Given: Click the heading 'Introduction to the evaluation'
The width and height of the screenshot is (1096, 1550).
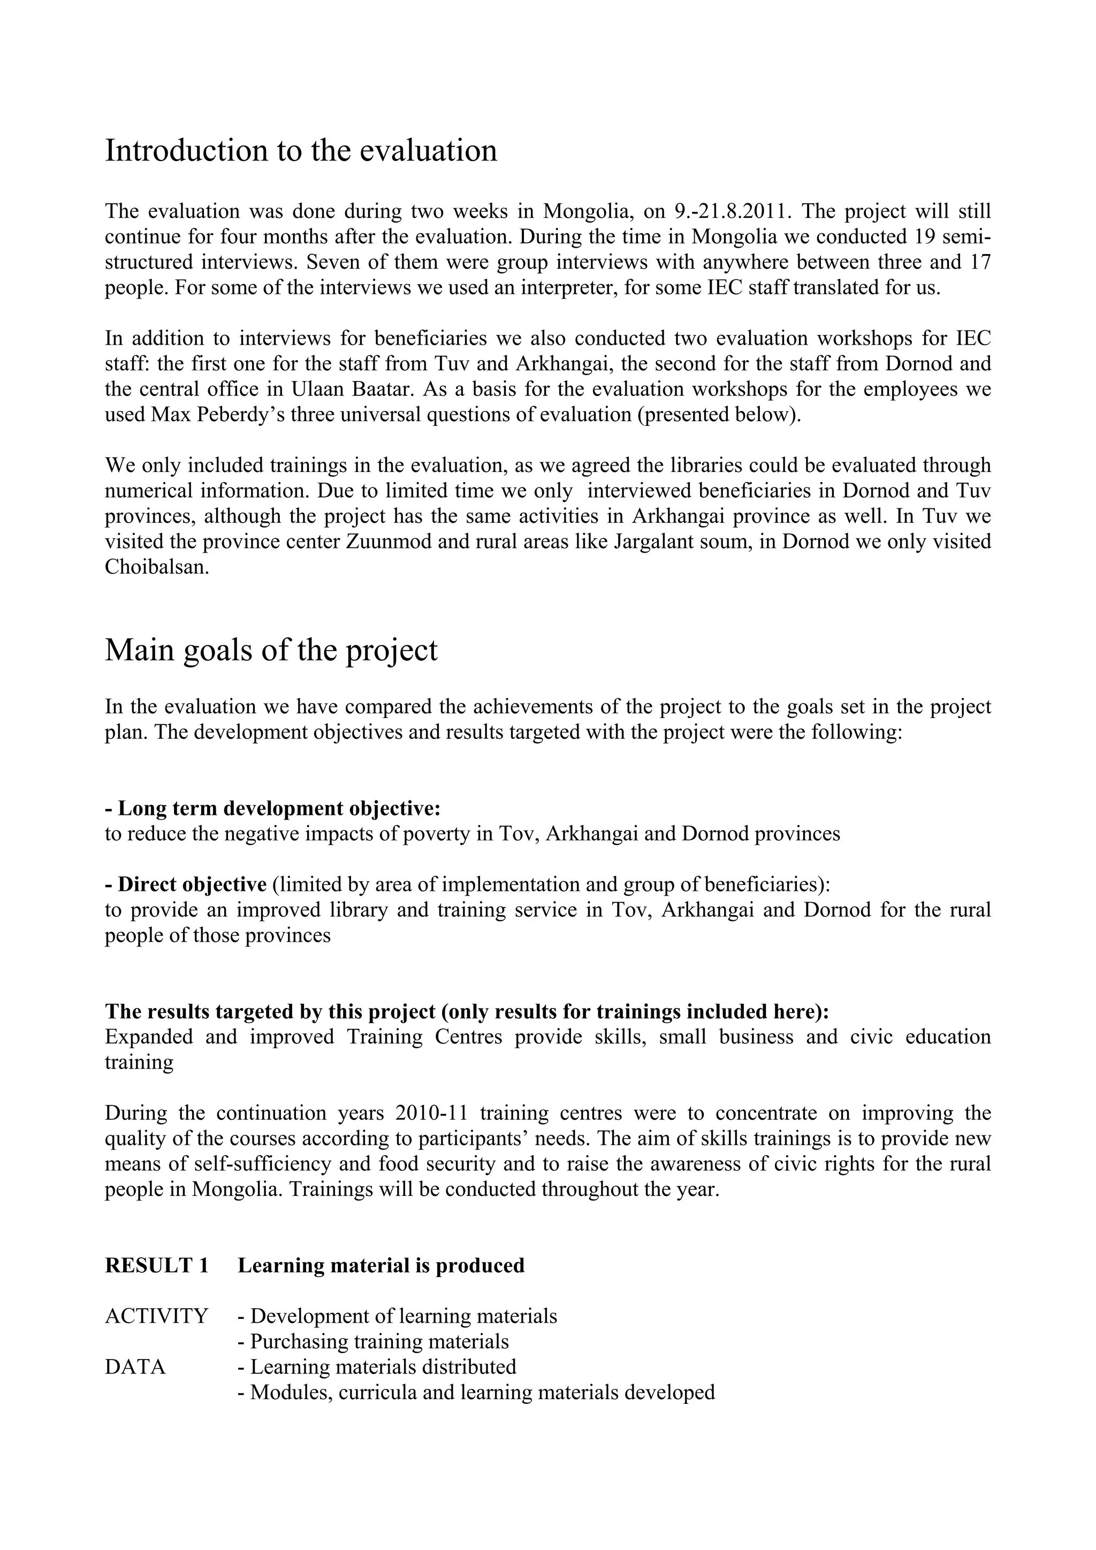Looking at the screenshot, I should coord(301,150).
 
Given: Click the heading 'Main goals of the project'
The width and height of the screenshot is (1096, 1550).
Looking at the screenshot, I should coord(271,650).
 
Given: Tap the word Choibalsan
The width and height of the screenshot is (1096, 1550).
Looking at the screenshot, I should coord(156,567).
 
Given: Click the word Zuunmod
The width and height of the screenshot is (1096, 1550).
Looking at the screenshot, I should coord(387,541).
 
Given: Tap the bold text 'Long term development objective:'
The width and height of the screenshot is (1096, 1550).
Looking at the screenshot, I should coord(273,808).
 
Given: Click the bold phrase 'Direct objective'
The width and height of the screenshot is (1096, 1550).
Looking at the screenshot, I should coord(186,884).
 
